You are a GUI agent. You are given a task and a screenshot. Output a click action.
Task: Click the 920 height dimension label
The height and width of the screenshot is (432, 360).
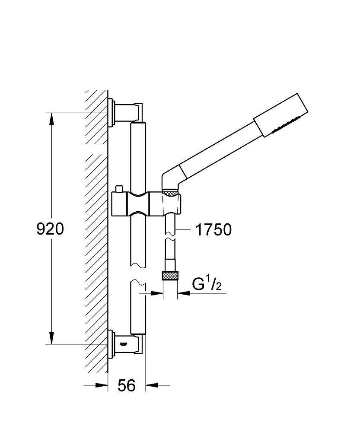50,229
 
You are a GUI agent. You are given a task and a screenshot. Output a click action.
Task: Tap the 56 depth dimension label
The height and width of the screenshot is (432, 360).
127,385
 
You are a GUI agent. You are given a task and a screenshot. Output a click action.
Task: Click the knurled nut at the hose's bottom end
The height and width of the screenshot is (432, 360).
170,276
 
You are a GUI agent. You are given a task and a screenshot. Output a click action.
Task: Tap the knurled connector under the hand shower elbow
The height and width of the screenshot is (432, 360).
171,192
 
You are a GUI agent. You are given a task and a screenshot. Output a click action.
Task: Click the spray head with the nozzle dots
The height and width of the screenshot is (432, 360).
280,115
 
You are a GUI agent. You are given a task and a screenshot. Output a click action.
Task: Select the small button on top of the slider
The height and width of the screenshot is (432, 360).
119,189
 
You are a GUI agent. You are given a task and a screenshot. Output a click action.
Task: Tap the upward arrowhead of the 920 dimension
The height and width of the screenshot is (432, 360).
51,119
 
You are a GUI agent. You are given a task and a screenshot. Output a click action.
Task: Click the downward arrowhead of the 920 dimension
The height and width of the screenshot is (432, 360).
51,338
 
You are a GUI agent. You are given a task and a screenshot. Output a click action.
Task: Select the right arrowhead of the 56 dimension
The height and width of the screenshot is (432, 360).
152,385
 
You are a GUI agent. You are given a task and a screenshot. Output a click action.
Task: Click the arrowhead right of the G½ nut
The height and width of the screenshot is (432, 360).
184,293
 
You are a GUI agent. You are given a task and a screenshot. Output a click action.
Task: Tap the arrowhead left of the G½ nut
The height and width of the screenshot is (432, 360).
157,293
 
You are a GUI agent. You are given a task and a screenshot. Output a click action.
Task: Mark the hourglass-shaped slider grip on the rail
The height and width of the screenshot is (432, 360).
138,203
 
